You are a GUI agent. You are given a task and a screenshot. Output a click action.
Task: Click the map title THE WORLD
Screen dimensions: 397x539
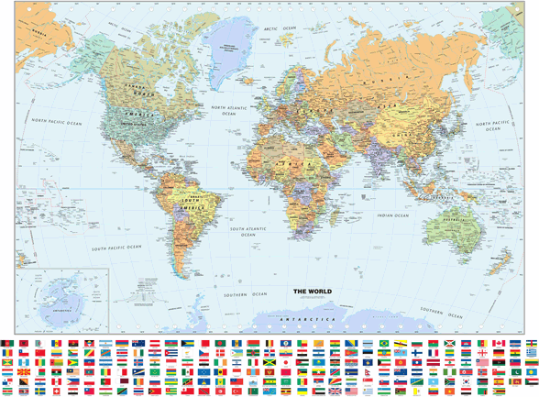313,292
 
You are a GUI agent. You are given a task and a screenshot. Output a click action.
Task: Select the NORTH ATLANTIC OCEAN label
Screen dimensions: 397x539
229,111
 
